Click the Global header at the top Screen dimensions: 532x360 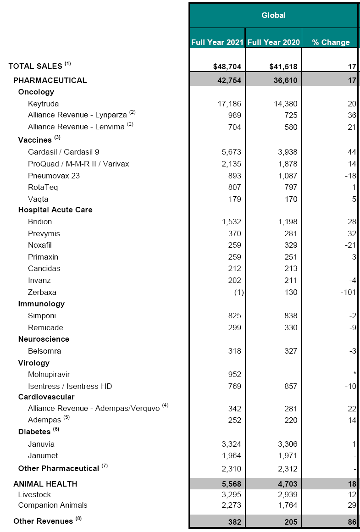[273, 15]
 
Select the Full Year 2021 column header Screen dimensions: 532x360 [217, 42]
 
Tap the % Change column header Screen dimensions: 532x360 [331, 42]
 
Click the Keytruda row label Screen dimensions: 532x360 [43, 104]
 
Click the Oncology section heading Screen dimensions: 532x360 [36, 92]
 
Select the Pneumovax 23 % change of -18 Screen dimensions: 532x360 [351, 176]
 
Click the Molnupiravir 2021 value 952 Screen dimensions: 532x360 [234, 374]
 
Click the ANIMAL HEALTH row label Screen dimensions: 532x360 [45, 484]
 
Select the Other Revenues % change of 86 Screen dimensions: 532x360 [352, 521]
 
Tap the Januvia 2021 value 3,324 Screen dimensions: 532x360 [230, 444]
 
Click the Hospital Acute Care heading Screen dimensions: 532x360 [55, 210]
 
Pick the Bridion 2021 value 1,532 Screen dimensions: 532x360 [230, 222]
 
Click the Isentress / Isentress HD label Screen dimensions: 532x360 [70, 386]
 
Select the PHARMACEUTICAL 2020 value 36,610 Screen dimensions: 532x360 [284, 80]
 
